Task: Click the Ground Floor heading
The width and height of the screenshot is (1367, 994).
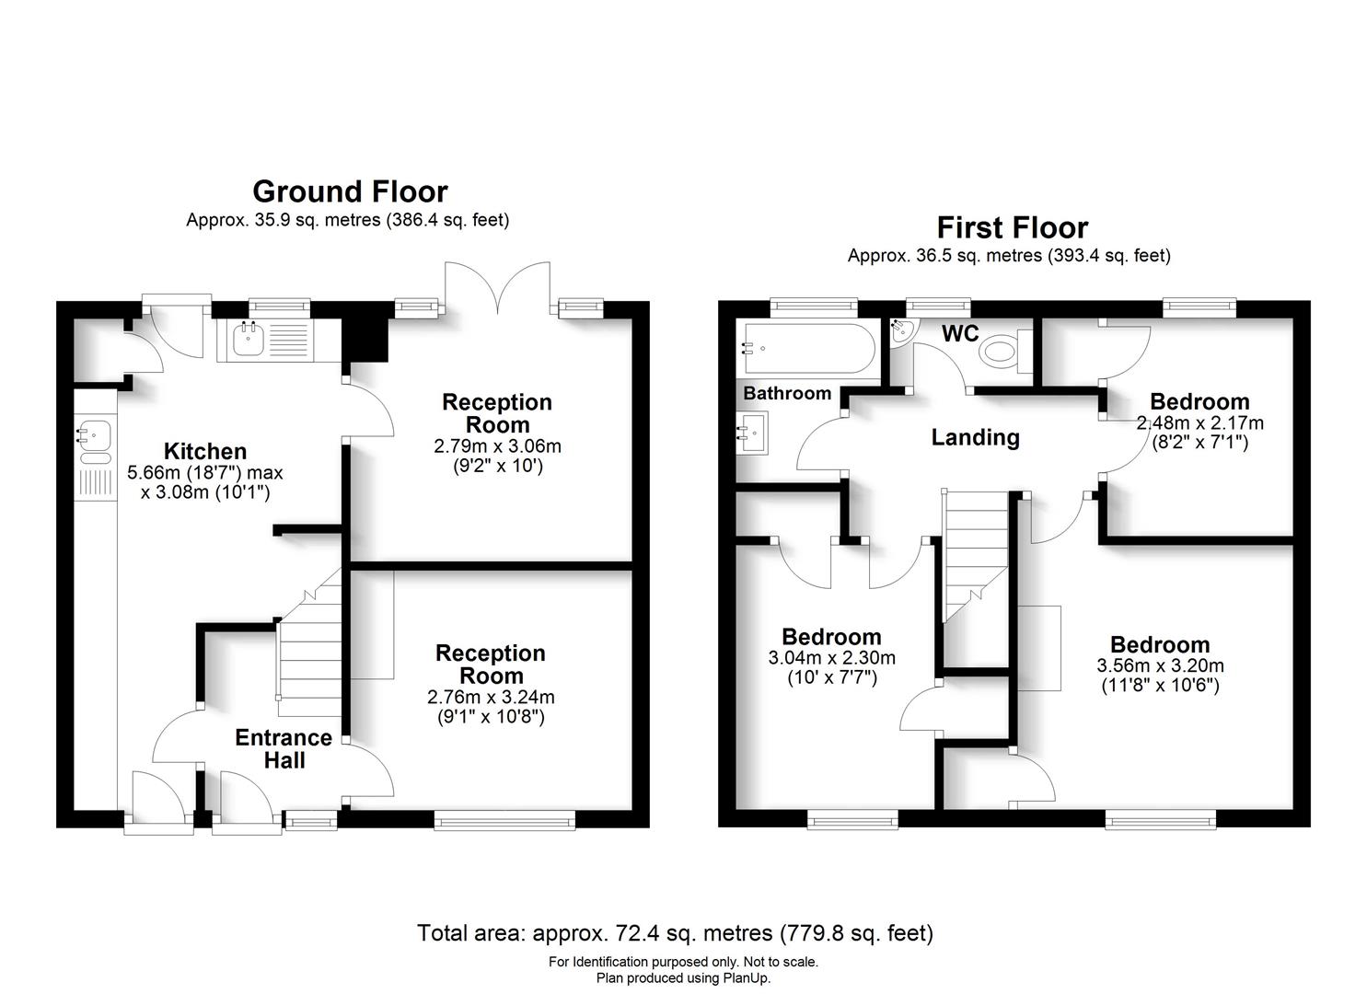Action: [350, 191]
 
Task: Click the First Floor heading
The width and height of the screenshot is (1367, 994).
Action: [1012, 227]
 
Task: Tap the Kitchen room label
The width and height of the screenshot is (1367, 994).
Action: [205, 451]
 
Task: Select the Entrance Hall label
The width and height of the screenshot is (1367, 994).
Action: [284, 748]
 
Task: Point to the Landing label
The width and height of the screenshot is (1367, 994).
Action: [975, 437]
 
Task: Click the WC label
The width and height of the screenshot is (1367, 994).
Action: [959, 333]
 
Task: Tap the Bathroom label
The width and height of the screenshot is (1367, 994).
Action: [787, 393]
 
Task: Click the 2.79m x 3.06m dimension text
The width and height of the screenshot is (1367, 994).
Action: [497, 446]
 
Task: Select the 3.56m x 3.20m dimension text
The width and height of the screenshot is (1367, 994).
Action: [1160, 665]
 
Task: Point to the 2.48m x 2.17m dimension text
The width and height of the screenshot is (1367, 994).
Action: [1199, 423]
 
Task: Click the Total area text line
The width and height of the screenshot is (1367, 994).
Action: [675, 933]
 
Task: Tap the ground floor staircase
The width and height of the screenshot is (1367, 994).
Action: [310, 653]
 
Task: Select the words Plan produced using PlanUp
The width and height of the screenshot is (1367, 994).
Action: [683, 977]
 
